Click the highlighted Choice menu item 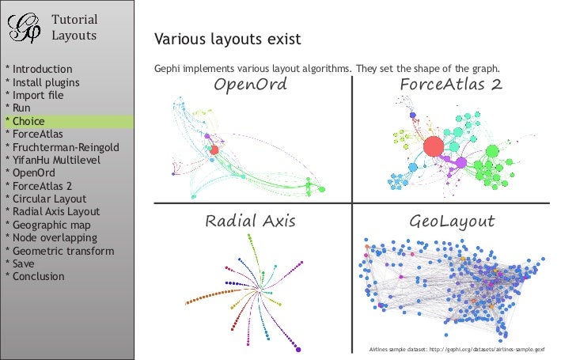point(28,122)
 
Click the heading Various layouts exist point(227,39)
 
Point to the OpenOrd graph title point(251,85)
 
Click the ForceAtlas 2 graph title point(452,85)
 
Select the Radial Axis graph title point(250,221)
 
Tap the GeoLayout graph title point(452,221)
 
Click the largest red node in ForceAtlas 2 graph point(433,147)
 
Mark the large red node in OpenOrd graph point(214,150)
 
